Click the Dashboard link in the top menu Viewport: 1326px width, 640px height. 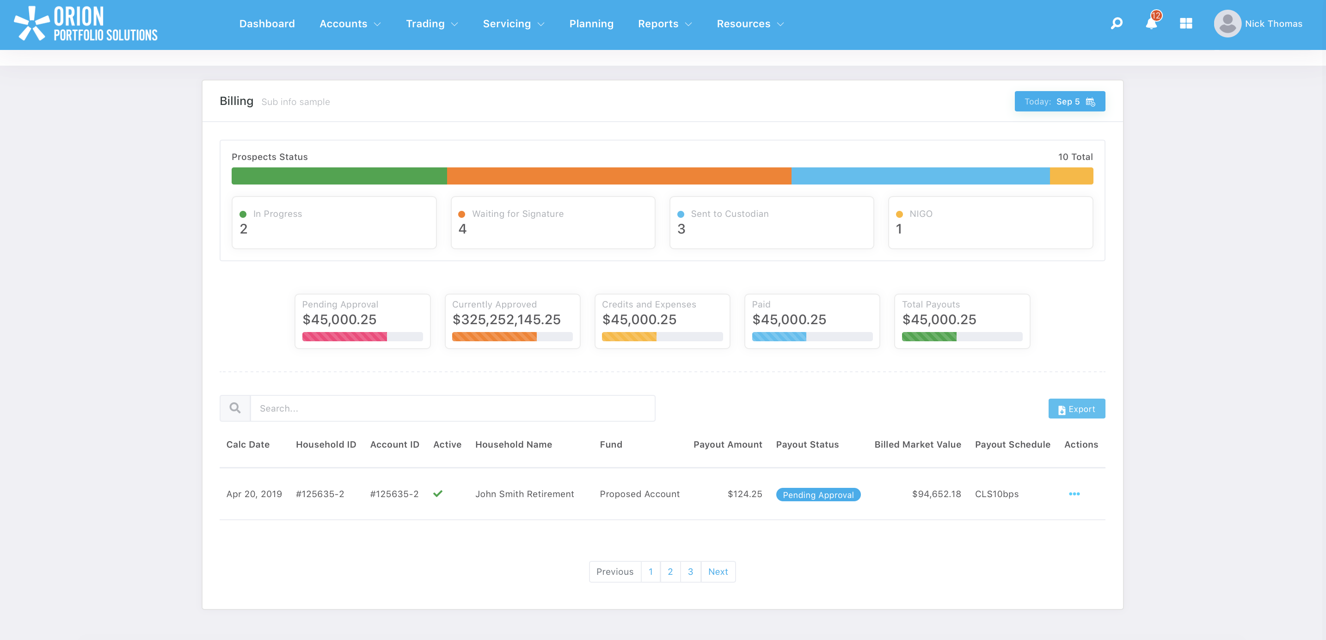267,24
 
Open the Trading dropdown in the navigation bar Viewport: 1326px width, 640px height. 431,24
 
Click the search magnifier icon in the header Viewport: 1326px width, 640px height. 1116,24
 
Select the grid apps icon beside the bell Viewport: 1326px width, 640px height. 1186,24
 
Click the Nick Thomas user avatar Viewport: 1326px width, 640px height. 1227,24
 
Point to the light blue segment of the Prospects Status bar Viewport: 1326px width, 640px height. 920,176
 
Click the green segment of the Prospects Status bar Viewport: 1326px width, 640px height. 339,176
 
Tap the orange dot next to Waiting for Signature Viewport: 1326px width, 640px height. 462,214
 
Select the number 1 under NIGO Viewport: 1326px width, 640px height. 899,229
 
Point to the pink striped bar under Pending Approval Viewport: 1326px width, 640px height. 344,337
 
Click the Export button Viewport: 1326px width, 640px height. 1076,409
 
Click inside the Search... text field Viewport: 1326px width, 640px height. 452,408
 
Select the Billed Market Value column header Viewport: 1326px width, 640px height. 917,444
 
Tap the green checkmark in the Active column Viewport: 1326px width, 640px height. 438,494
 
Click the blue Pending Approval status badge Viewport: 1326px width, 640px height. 818,495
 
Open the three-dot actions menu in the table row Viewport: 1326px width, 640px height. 1074,494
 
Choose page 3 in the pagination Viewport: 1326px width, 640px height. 690,572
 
